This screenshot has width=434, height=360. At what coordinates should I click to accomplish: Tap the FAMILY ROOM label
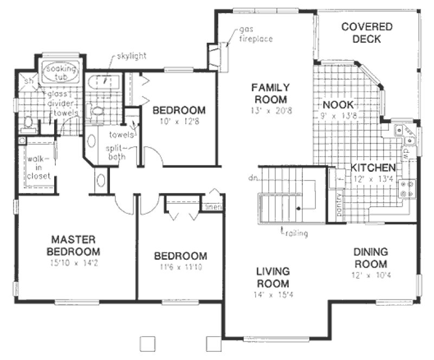[270, 93]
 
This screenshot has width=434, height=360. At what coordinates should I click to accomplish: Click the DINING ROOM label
[371, 258]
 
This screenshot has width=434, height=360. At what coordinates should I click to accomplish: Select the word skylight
[130, 56]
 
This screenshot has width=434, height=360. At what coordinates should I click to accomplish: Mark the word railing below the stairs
[296, 234]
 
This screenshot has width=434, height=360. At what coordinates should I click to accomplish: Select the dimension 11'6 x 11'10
[180, 267]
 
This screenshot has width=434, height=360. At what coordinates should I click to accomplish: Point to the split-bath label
[118, 152]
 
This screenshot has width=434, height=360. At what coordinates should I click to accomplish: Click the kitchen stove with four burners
[406, 188]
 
